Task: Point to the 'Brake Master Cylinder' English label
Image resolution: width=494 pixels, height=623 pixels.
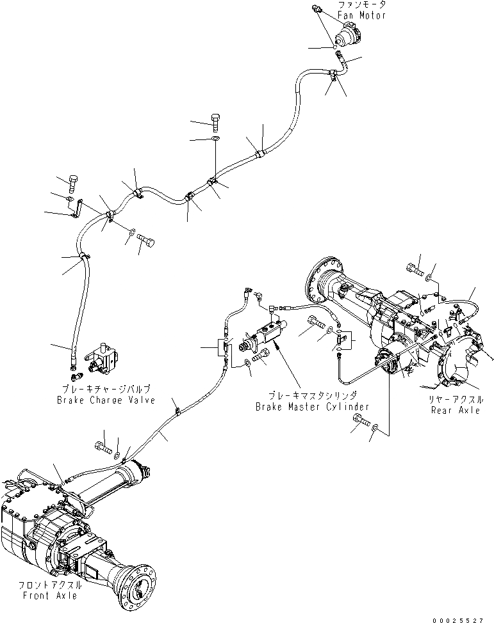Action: coord(312,407)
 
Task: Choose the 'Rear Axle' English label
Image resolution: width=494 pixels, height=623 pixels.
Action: coord(455,410)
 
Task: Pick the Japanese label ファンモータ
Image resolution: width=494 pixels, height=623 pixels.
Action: coord(361,4)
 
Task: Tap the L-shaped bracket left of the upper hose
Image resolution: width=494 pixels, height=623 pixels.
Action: coord(76,208)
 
